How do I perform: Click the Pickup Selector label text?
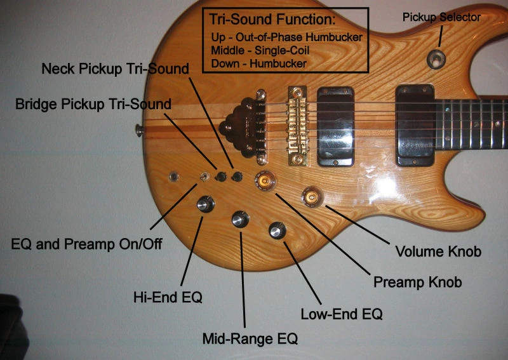coord(441,17)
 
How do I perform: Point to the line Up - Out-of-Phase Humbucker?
coord(286,37)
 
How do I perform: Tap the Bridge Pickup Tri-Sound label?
coord(93,104)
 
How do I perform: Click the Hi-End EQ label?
coord(168,296)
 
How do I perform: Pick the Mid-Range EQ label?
coord(250,339)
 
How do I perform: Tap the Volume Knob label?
coord(438,251)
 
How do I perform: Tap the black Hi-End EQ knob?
coord(205,204)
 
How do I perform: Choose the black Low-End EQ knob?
coord(277,230)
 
